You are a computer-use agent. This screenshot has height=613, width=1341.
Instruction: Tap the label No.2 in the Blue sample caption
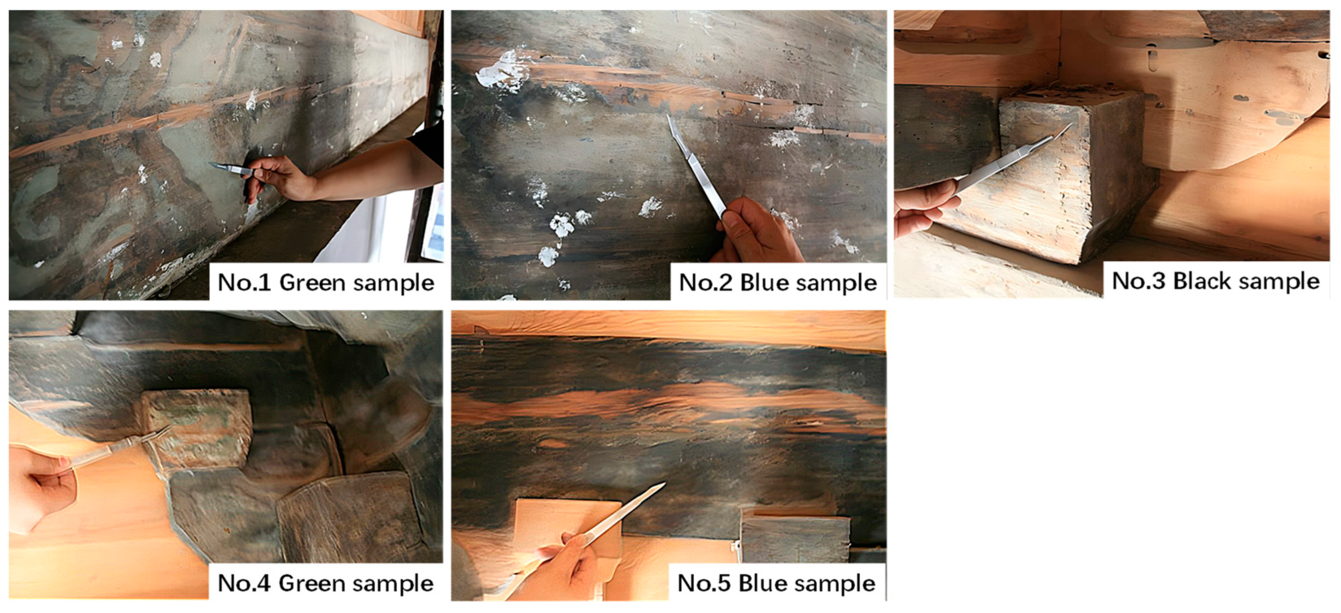[706, 283]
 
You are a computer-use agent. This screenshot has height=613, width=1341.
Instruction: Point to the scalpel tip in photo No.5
[664, 484]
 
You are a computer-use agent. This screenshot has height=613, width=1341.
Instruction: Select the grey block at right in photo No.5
[794, 539]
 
